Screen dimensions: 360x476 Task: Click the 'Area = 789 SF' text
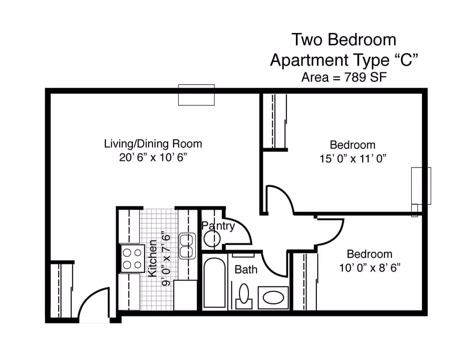pos(344,77)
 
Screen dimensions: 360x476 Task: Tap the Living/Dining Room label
pos(153,144)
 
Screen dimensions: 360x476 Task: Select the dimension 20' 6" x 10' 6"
pos(153,158)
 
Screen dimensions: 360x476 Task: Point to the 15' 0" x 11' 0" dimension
pos(353,159)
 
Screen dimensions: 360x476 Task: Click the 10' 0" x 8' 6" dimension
pos(369,268)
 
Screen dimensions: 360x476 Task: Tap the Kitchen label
pos(152,258)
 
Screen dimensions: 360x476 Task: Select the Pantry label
pos(218,226)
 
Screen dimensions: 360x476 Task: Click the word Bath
pos(246,270)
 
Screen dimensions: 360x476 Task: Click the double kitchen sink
pos(187,246)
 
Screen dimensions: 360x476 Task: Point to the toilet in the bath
pos(244,296)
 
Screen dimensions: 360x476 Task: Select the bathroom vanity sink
pos(273,298)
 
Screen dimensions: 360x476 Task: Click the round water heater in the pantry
pos(212,239)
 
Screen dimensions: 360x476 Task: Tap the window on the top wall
pos(196,95)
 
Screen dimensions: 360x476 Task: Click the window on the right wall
pos(421,186)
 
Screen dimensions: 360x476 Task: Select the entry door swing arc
pos(94,303)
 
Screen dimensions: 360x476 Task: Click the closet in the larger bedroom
pos(274,121)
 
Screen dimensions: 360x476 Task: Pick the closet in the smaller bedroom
pos(305,281)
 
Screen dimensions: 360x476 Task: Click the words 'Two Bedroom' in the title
pos(344,40)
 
